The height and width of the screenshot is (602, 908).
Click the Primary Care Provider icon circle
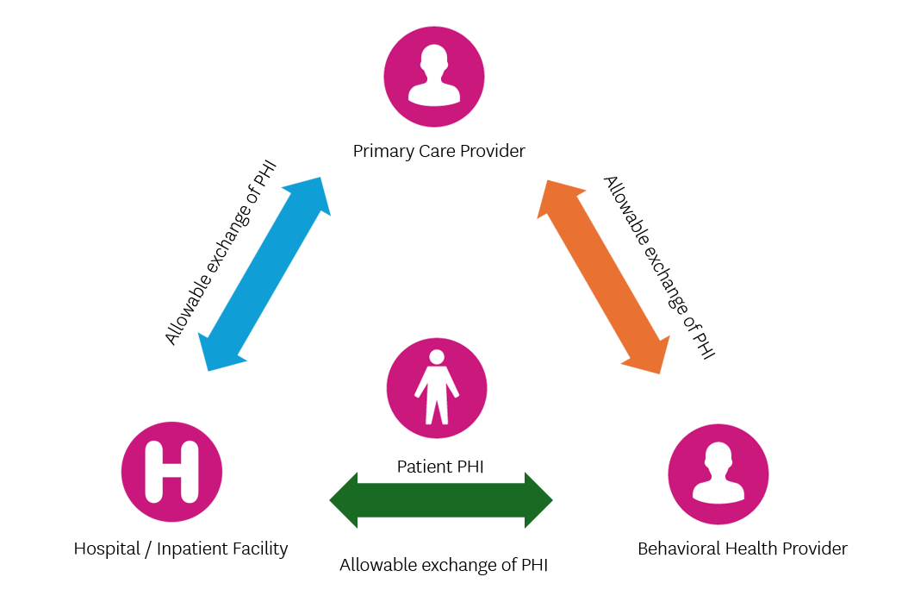434,77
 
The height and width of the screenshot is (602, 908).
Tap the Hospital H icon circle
172,472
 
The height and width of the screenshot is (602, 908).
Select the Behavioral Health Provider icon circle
718,473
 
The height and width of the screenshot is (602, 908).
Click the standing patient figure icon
437,387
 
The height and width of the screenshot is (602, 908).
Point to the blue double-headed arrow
265,274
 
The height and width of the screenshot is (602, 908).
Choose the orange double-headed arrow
603,277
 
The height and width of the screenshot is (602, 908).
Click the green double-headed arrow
440,499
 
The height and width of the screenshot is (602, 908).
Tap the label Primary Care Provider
438,152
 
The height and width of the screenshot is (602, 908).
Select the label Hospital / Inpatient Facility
181,549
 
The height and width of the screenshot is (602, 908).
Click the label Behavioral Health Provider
743,549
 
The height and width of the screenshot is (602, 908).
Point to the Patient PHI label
440,467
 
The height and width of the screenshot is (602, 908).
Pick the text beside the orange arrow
659,267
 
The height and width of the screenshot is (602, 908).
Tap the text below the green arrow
444,566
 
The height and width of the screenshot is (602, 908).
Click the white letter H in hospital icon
172,472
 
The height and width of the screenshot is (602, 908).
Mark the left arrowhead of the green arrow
344,499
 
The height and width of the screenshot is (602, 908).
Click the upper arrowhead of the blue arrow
316,193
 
